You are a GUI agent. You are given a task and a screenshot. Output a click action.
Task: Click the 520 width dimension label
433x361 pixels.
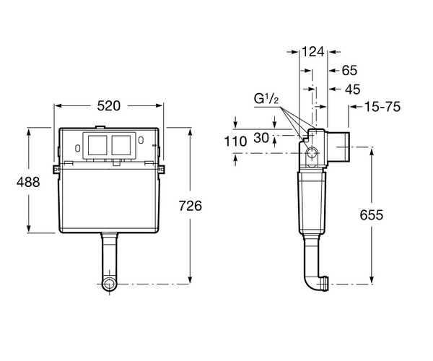109,106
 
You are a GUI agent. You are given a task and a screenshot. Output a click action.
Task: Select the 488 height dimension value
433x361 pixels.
28,182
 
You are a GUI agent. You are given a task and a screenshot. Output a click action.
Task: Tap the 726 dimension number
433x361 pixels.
191,206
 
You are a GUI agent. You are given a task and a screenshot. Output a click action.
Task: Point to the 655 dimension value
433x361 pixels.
372,215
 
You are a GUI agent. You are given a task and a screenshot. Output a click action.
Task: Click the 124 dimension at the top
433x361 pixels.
312,52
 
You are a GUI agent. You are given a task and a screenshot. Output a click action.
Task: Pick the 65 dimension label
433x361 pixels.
349,71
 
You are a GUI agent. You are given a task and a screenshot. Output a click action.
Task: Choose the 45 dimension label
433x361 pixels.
353,90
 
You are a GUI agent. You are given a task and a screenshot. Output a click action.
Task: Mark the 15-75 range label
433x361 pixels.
382,107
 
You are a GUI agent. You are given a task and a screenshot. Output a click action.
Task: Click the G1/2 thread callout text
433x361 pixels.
266,99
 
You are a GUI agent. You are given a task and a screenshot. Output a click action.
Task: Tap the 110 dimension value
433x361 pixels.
235,142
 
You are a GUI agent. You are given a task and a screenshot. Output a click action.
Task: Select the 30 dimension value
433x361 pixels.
261,138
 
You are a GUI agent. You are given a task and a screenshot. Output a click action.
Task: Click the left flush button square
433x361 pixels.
97,145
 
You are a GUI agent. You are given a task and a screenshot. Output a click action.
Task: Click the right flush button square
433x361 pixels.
121,145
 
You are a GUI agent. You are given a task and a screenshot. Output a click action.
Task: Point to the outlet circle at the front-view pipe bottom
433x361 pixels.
110,284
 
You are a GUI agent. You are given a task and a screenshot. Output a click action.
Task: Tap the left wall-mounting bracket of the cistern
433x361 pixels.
56,169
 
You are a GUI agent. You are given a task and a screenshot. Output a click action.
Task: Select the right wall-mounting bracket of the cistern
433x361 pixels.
162,169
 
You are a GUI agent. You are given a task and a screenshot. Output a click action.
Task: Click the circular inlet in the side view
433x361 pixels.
312,152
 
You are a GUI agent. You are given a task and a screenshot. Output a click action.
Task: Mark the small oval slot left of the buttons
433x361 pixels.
78,148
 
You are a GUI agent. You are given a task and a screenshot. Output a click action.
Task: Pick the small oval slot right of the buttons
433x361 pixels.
141,140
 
